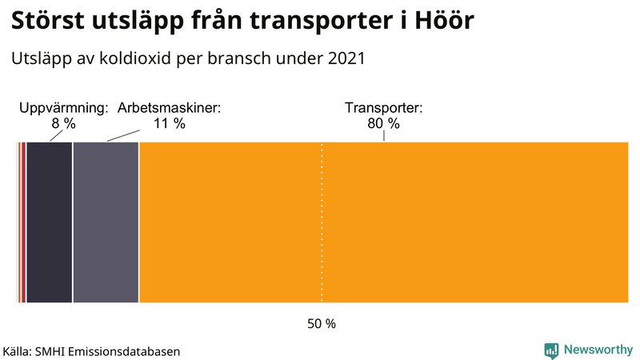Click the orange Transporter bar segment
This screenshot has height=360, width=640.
(384, 222)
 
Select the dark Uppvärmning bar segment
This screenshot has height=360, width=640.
(50, 222)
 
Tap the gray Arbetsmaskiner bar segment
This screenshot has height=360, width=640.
(106, 222)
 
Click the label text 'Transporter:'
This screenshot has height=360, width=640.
(383, 108)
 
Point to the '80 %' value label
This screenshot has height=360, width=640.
(383, 123)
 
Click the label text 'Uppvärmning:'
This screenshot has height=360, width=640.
(63, 108)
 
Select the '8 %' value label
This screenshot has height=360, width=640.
(63, 123)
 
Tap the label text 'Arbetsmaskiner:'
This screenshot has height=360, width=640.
(169, 108)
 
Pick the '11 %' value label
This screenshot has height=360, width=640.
(169, 123)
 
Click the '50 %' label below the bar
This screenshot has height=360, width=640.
(322, 324)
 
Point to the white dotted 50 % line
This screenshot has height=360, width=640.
(322, 240)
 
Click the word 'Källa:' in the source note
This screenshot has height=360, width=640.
(18, 350)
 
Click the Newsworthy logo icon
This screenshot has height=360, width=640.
(551, 350)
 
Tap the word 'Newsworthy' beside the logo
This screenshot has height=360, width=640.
(597, 350)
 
